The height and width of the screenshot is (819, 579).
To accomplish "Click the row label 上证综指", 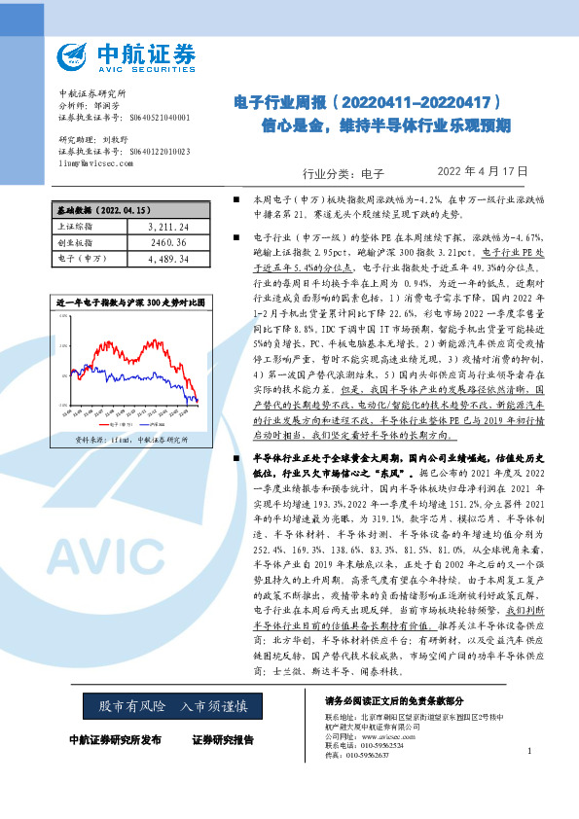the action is [x=74, y=227].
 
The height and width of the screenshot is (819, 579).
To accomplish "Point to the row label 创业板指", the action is [x=74, y=242].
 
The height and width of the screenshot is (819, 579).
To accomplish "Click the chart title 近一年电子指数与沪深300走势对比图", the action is [x=130, y=303].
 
